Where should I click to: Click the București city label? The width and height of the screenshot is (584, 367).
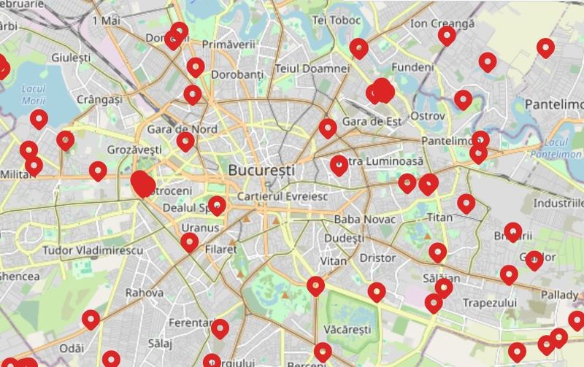[261, 170]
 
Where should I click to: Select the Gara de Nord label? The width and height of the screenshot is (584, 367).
[172, 129]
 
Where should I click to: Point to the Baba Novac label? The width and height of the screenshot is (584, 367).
[364, 219]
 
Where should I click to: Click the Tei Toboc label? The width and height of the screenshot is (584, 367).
[337, 20]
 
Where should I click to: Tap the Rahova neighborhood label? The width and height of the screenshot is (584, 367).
[145, 293]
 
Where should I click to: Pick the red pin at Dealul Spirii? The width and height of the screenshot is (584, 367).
[217, 204]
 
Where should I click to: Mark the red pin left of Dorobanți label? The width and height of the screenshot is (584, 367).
[196, 66]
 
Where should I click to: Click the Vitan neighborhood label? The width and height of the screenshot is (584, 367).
[333, 260]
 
